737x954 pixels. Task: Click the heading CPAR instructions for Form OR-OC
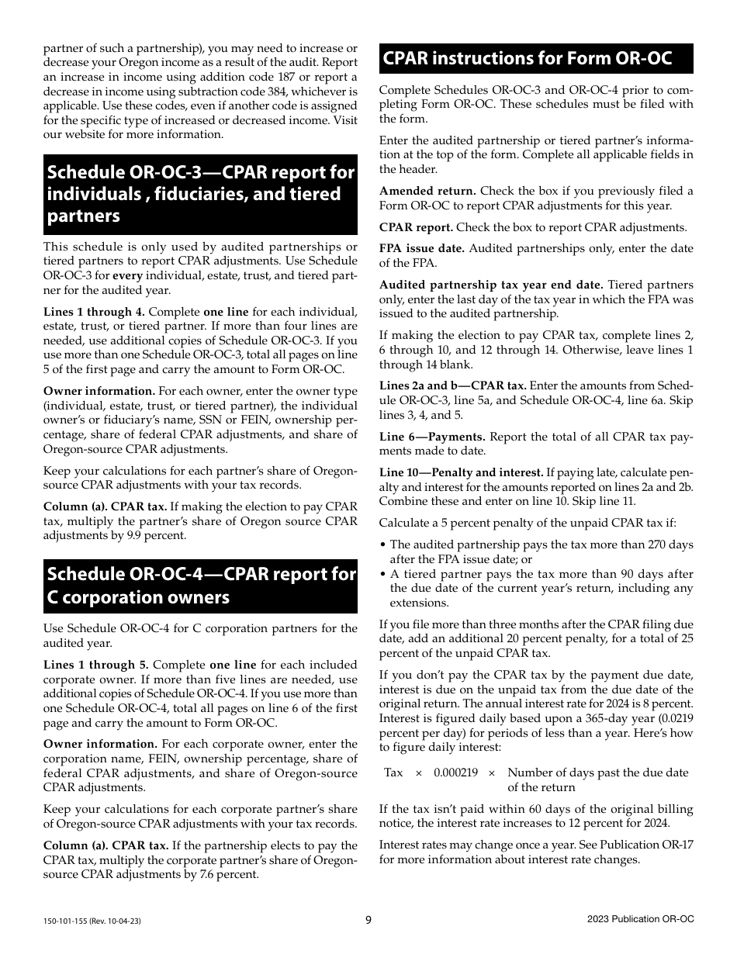click(526, 58)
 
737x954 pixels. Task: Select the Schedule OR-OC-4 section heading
click(200, 586)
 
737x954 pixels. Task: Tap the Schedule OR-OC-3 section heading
click(200, 194)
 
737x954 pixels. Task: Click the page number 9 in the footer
click(368, 920)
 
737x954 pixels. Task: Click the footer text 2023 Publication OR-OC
click(640, 919)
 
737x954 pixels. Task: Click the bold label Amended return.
click(427, 191)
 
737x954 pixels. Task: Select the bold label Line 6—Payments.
click(432, 437)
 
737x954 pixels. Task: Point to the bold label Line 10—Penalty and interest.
click(461, 472)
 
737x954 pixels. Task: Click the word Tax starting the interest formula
click(393, 773)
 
